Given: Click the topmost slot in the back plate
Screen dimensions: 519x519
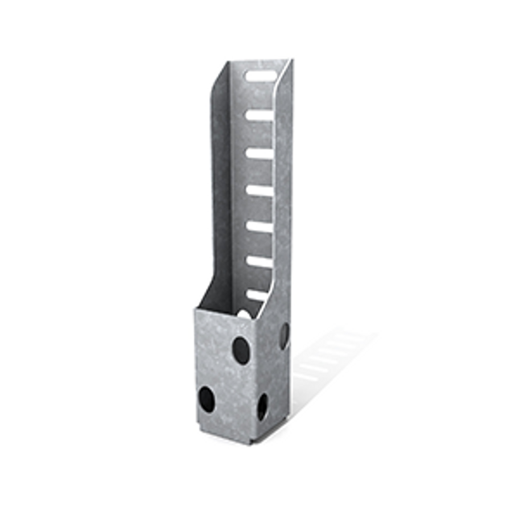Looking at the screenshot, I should pyautogui.click(x=259, y=77).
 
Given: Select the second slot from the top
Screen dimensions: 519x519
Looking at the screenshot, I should pyautogui.click(x=259, y=115).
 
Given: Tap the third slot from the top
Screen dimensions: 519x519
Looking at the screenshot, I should pyautogui.click(x=259, y=153).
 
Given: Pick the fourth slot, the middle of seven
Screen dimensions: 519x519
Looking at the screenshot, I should pyautogui.click(x=259, y=191).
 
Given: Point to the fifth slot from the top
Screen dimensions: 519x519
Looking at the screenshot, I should pyautogui.click(x=259, y=227).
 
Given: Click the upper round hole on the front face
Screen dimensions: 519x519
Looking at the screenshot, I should pyautogui.click(x=241, y=348).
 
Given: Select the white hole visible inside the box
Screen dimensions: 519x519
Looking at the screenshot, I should pyautogui.click(x=242, y=312).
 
